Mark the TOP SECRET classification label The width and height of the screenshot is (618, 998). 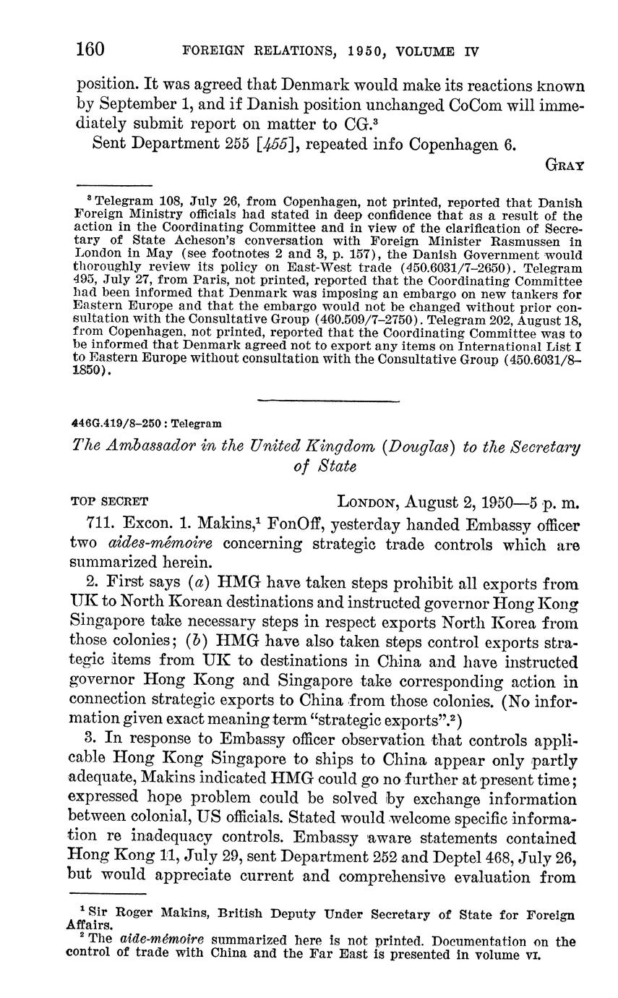point(110,501)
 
